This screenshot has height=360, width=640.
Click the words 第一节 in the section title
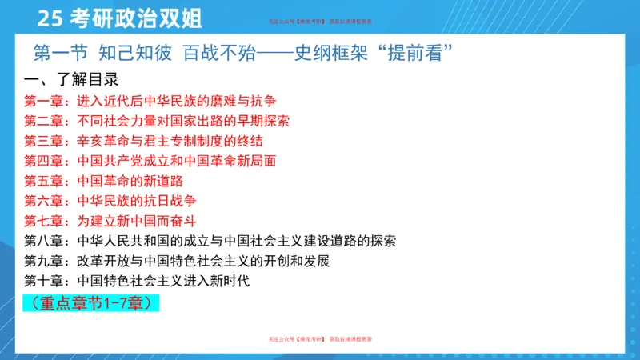61,54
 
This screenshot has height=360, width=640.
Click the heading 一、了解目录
71,80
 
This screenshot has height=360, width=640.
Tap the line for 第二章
156,122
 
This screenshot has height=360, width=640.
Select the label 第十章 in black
45,281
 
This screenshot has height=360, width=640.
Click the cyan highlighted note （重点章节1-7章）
91,303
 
